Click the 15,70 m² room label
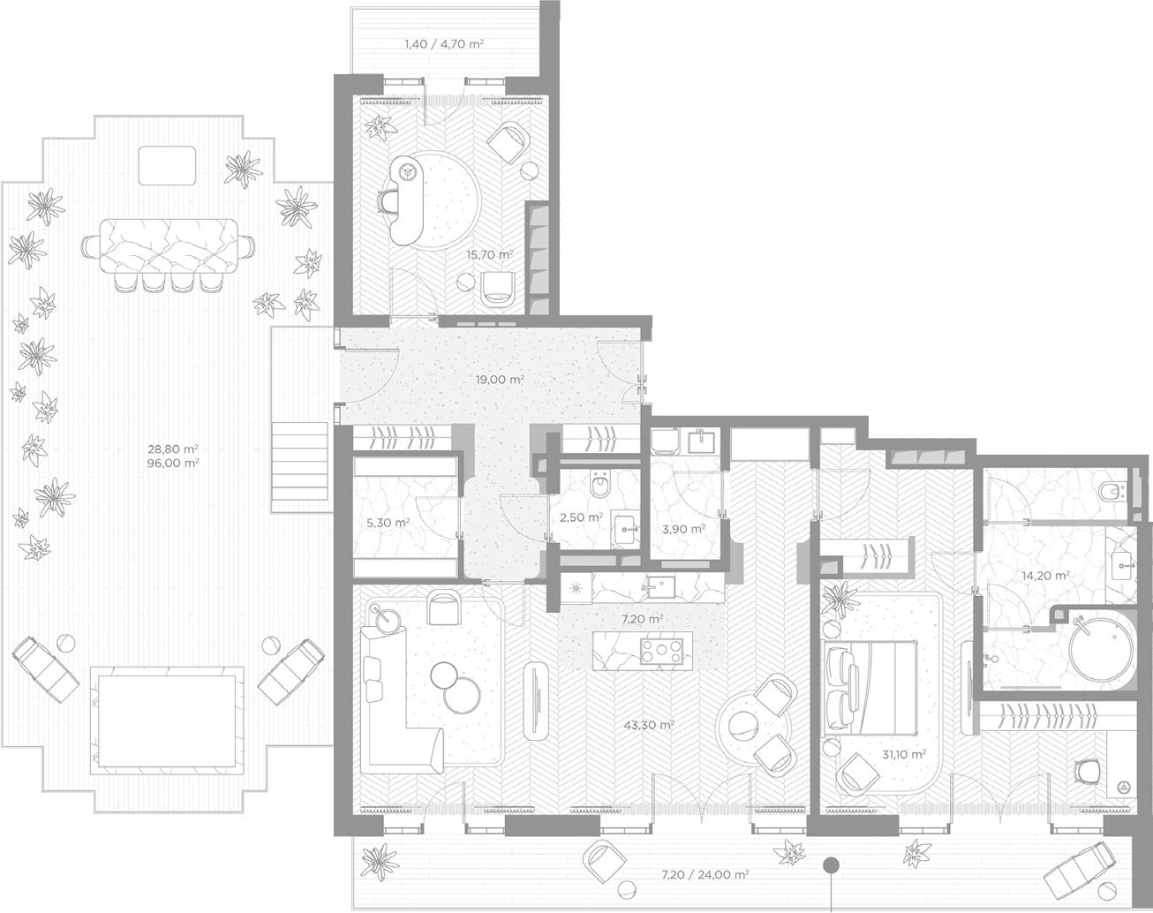click(x=490, y=254)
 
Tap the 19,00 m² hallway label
click(x=500, y=380)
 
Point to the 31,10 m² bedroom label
click(x=904, y=754)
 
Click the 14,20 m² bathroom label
click(x=1046, y=576)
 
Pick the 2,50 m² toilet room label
click(x=581, y=517)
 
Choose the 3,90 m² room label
click(x=683, y=530)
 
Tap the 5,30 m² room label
click(x=388, y=523)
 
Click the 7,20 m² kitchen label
click(x=642, y=619)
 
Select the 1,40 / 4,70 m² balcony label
click(x=444, y=44)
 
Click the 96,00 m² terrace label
click(x=173, y=463)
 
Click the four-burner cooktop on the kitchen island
click(x=661, y=650)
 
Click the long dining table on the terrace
click(x=168, y=247)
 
